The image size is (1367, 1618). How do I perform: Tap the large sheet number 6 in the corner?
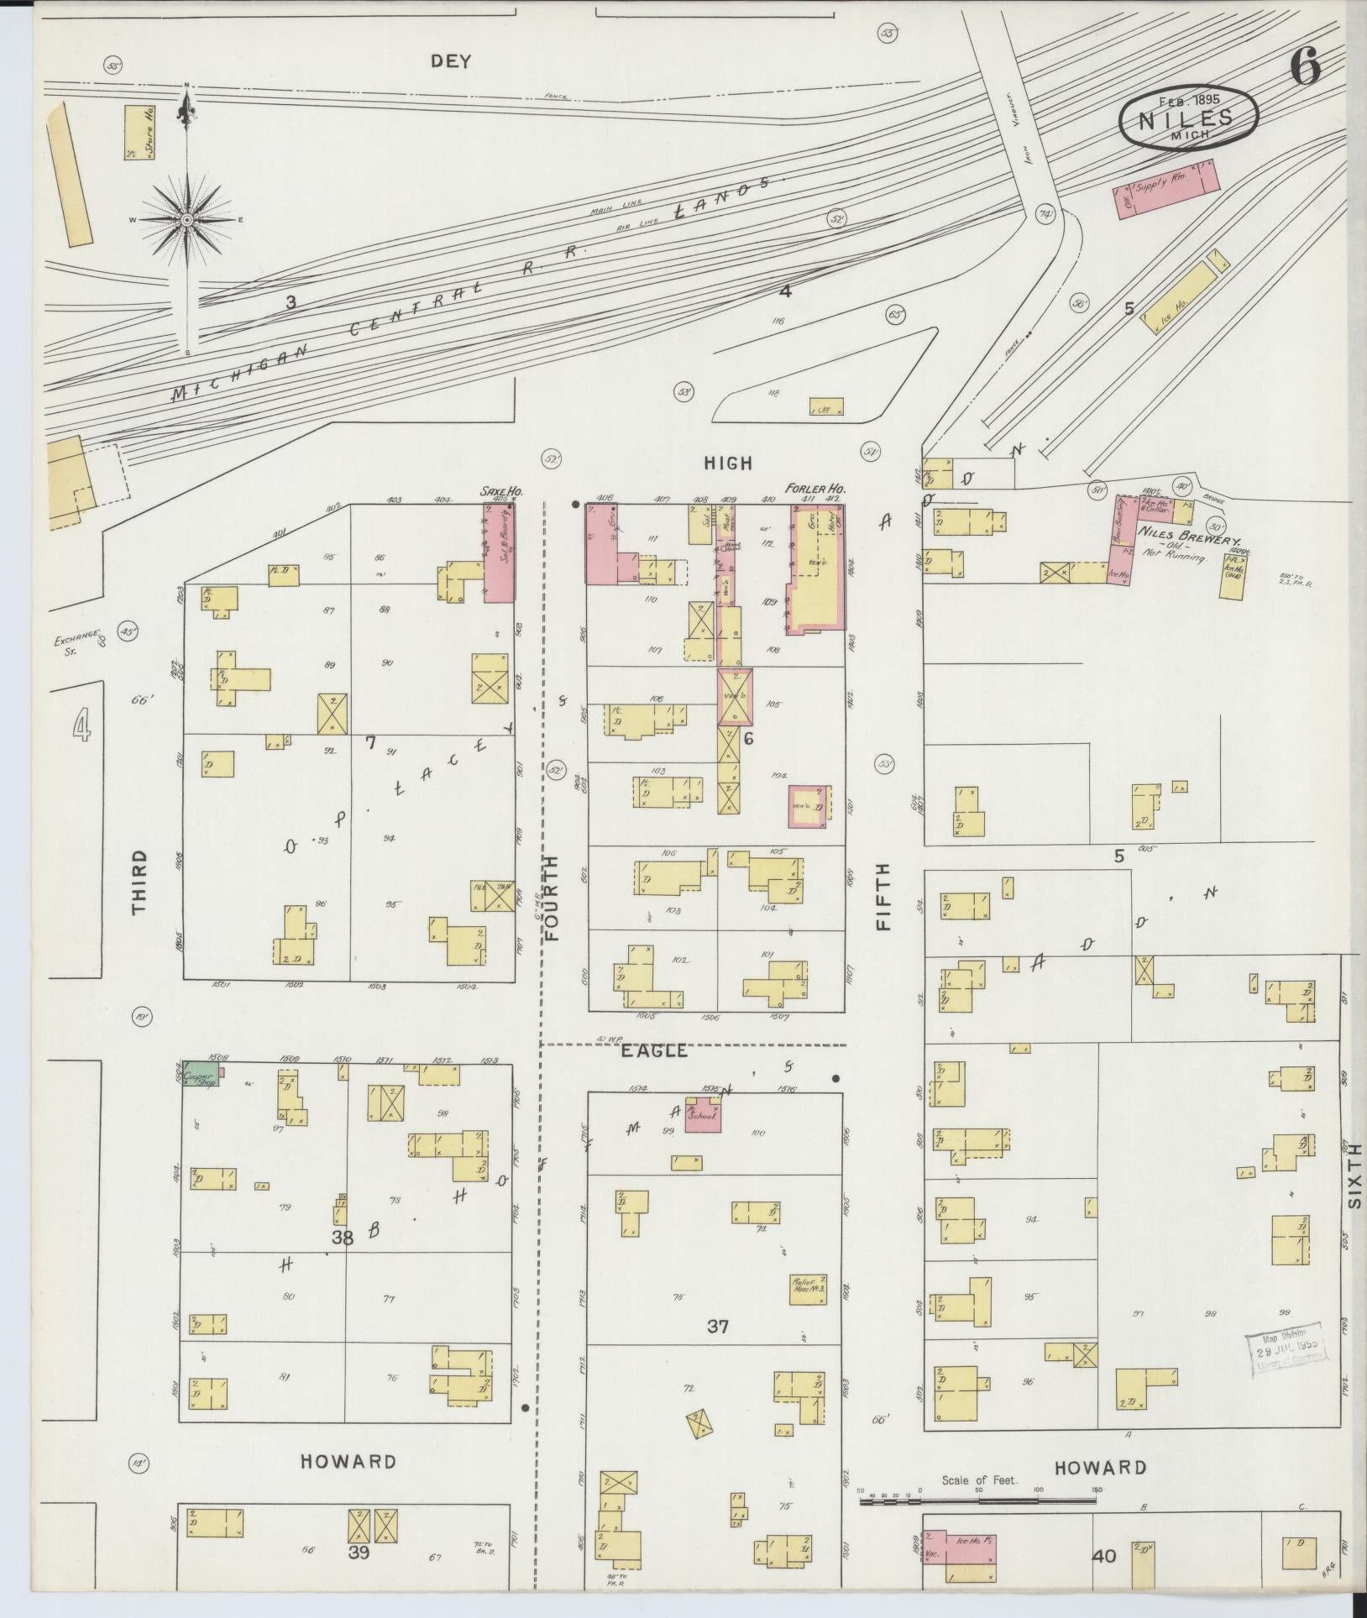tap(1305, 65)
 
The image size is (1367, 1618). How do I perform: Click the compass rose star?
tap(186, 219)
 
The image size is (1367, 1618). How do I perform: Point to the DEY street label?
tap(451, 61)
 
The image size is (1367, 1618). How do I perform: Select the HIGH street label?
tap(728, 463)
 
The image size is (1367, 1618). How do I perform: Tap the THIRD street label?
tap(139, 881)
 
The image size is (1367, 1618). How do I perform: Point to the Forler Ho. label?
tap(814, 488)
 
